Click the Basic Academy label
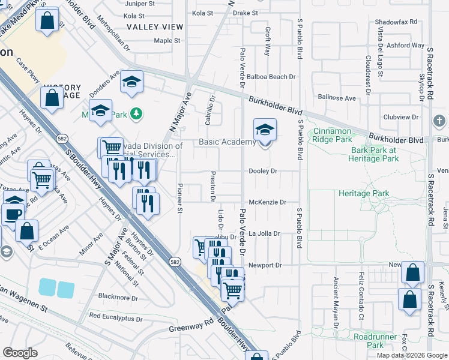(227, 142)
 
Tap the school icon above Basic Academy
(264, 129)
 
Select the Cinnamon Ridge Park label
(332, 134)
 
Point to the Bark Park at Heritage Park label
(375, 154)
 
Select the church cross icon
(440, 121)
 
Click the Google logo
(20, 353)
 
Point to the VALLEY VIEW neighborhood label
(155, 27)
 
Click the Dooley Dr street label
(263, 171)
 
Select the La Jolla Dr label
(265, 233)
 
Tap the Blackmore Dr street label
(118, 297)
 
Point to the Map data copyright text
(411, 355)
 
